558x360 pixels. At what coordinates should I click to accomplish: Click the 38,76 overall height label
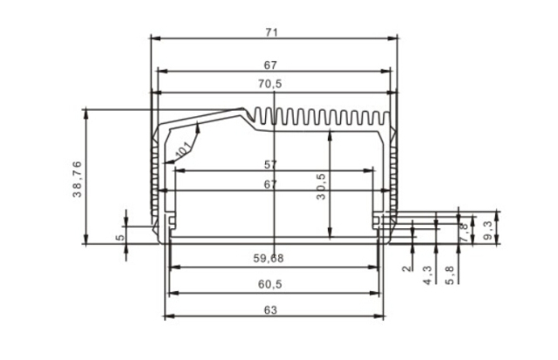point(77,177)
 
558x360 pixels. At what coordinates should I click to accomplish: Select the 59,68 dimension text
point(272,258)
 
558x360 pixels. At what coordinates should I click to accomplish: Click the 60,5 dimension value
point(272,284)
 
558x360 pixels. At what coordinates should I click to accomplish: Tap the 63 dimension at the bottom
point(272,309)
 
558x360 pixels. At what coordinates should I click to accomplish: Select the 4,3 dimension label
point(427,275)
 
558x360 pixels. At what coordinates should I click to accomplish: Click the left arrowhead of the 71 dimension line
point(154,38)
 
